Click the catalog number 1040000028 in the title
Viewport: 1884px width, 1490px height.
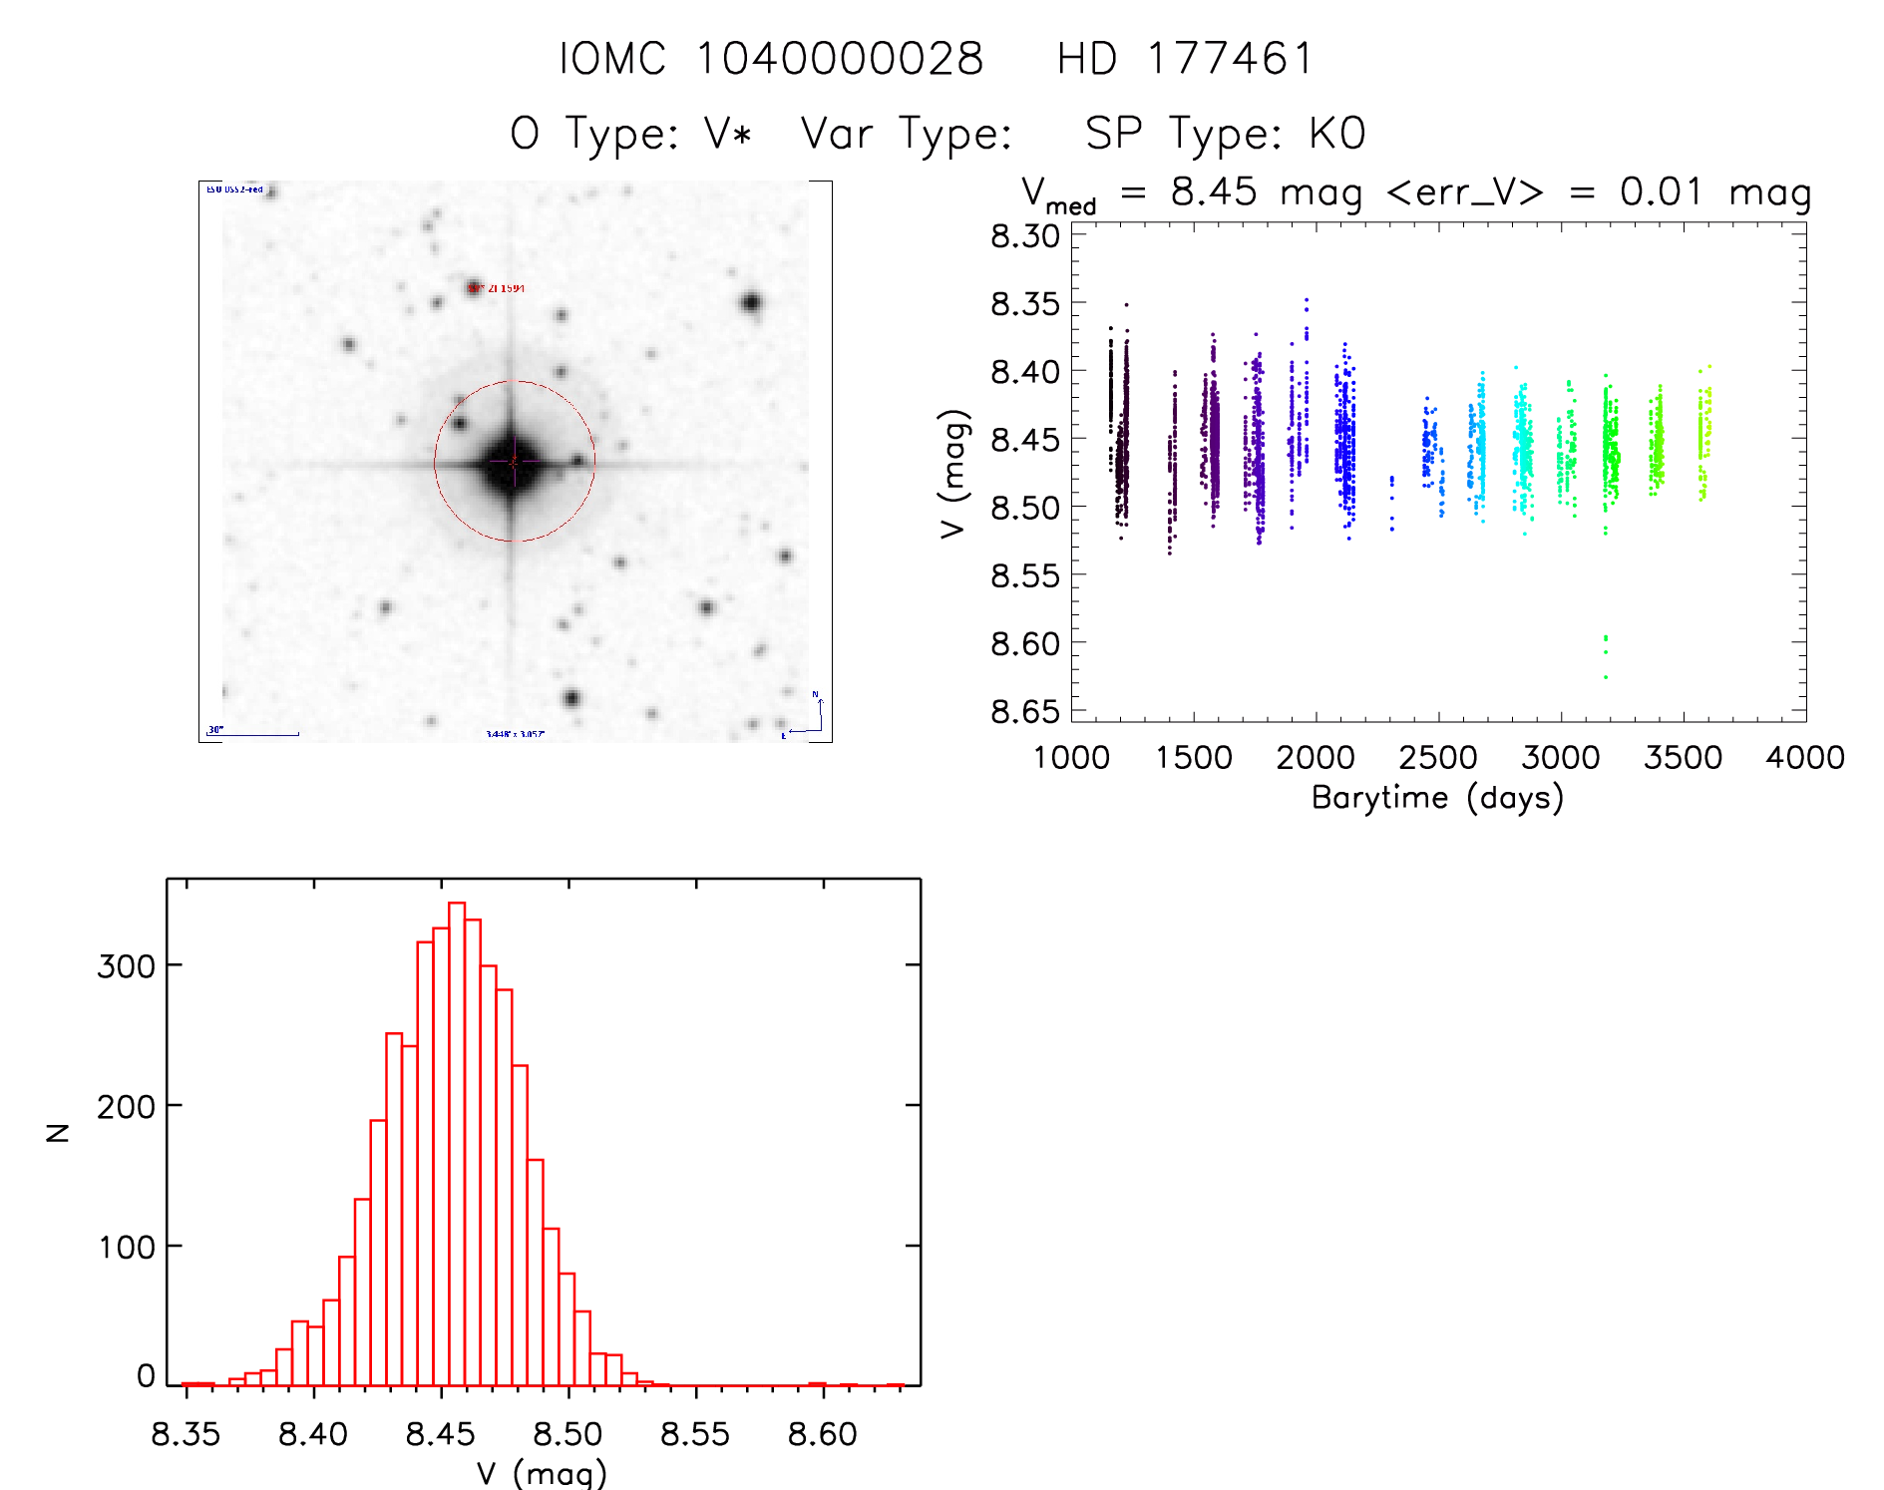(840, 59)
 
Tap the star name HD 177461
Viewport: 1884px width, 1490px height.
(1185, 59)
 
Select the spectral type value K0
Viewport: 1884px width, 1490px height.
(1336, 134)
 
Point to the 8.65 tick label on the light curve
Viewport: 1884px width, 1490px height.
(1024, 711)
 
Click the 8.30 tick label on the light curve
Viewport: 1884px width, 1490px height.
(1024, 236)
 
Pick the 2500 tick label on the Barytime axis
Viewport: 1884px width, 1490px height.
(1438, 758)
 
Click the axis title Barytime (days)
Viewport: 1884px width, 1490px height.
(1437, 798)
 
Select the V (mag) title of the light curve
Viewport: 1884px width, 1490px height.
(954, 474)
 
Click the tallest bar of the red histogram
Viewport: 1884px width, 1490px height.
(457, 1142)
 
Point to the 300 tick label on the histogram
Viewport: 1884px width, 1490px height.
(126, 965)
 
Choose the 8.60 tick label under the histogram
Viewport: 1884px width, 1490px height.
(823, 1434)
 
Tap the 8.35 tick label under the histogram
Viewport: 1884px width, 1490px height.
(187, 1434)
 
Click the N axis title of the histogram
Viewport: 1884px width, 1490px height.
(58, 1132)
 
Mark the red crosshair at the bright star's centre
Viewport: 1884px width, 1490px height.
(514, 462)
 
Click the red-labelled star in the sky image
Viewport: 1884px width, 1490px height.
(474, 288)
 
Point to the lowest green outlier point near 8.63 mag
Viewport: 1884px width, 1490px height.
(1606, 677)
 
